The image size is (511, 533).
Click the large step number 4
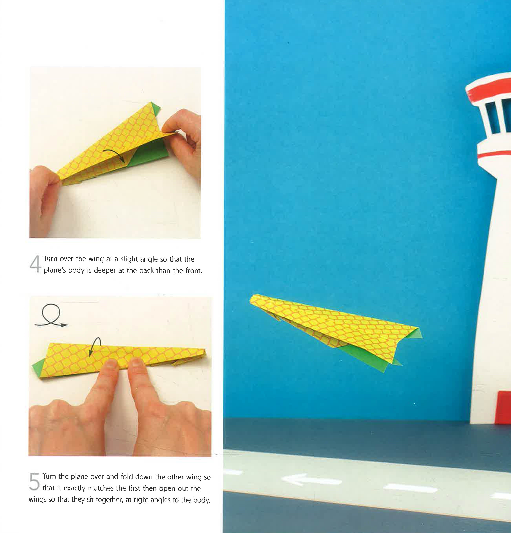click(x=35, y=264)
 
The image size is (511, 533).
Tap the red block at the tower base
click(x=503, y=407)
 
